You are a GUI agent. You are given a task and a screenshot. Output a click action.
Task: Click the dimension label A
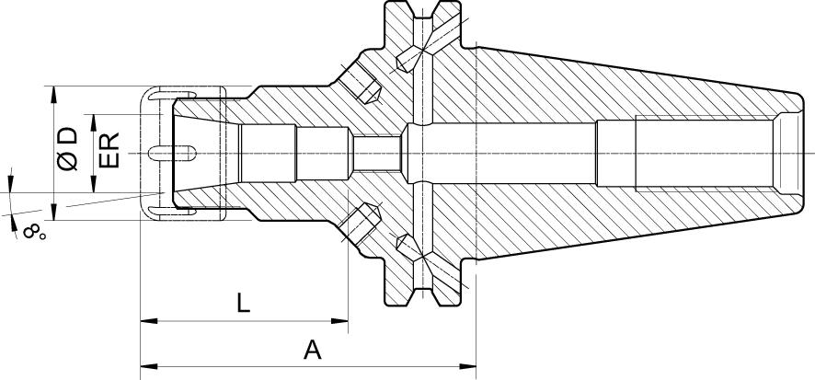pyautogui.click(x=313, y=351)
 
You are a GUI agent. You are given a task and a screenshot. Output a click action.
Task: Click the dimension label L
pyautogui.click(x=243, y=303)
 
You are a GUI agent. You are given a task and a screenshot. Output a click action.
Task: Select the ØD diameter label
pyautogui.click(x=67, y=149)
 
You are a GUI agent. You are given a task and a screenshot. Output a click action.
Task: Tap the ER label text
pyautogui.click(x=109, y=150)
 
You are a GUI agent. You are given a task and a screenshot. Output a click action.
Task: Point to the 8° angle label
pyautogui.click(x=34, y=232)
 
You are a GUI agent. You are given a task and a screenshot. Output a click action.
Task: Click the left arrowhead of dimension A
pyautogui.click(x=149, y=366)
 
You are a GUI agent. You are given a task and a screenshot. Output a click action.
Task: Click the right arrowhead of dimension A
pyautogui.click(x=468, y=366)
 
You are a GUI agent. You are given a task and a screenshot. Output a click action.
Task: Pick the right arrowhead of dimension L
pyautogui.click(x=339, y=321)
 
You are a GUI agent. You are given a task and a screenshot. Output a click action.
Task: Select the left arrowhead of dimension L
pyautogui.click(x=149, y=321)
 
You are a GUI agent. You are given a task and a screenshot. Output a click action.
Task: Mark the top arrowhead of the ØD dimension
pyautogui.click(x=53, y=95)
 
